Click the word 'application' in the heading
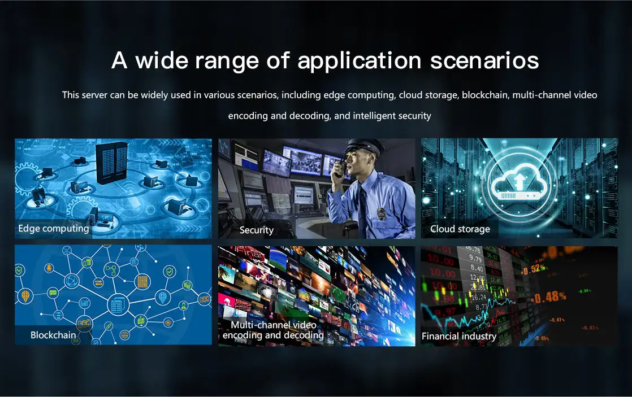pyautogui.click(x=359, y=61)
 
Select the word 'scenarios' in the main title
pyautogui.click(x=484, y=61)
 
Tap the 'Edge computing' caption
pyautogui.click(x=54, y=229)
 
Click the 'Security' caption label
pyautogui.click(x=256, y=230)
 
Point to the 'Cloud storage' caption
pyautogui.click(x=460, y=229)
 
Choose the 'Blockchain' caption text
pyautogui.click(x=53, y=335)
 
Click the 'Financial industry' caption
pyautogui.click(x=458, y=336)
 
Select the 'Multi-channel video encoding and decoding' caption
pyautogui.click(x=273, y=330)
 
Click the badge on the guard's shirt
pyautogui.click(x=381, y=213)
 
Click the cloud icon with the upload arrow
pyautogui.click(x=519, y=184)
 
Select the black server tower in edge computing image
pyautogui.click(x=112, y=163)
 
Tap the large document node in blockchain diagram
pyautogui.click(x=118, y=304)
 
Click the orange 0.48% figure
pyautogui.click(x=551, y=298)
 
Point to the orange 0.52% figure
pyautogui.click(x=534, y=269)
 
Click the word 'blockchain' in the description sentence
pyautogui.click(x=485, y=95)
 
